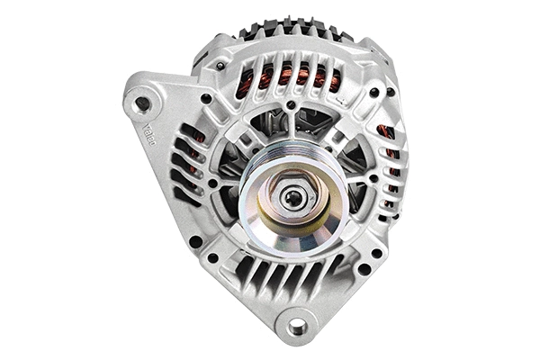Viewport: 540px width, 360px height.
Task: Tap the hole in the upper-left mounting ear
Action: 141,104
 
